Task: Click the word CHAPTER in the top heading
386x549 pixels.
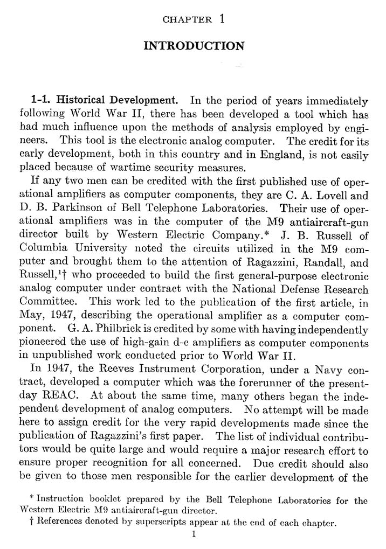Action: click(187, 20)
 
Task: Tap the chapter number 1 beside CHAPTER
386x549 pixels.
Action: click(222, 19)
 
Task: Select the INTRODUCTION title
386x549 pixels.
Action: click(194, 46)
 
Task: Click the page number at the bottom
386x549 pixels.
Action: click(194, 534)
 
